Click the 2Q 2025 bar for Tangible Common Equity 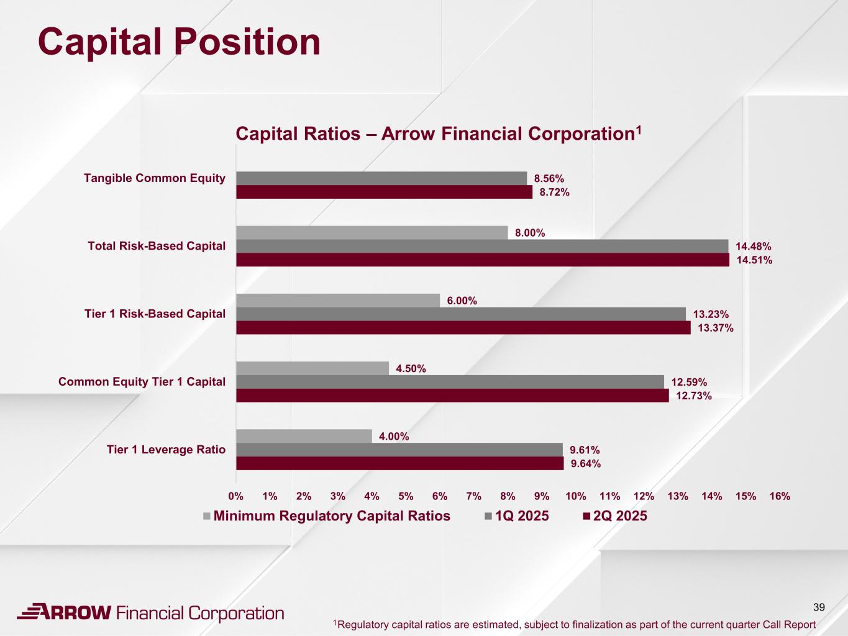[384, 192]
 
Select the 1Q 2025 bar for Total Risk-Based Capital [482, 246]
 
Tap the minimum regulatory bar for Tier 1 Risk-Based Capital [338, 301]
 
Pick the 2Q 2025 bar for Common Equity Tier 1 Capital [452, 396]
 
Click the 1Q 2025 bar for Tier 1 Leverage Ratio [399, 450]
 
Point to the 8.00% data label [530, 233]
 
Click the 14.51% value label [754, 260]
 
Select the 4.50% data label [411, 369]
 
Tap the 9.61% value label [585, 450]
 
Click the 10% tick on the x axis [576, 496]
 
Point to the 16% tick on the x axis [780, 496]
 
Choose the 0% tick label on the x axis [236, 496]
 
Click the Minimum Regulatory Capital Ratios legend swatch [207, 516]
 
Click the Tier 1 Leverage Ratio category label [166, 450]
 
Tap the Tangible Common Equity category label [155, 178]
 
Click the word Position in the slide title [247, 42]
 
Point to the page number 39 [819, 607]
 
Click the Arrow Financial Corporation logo [150, 613]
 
